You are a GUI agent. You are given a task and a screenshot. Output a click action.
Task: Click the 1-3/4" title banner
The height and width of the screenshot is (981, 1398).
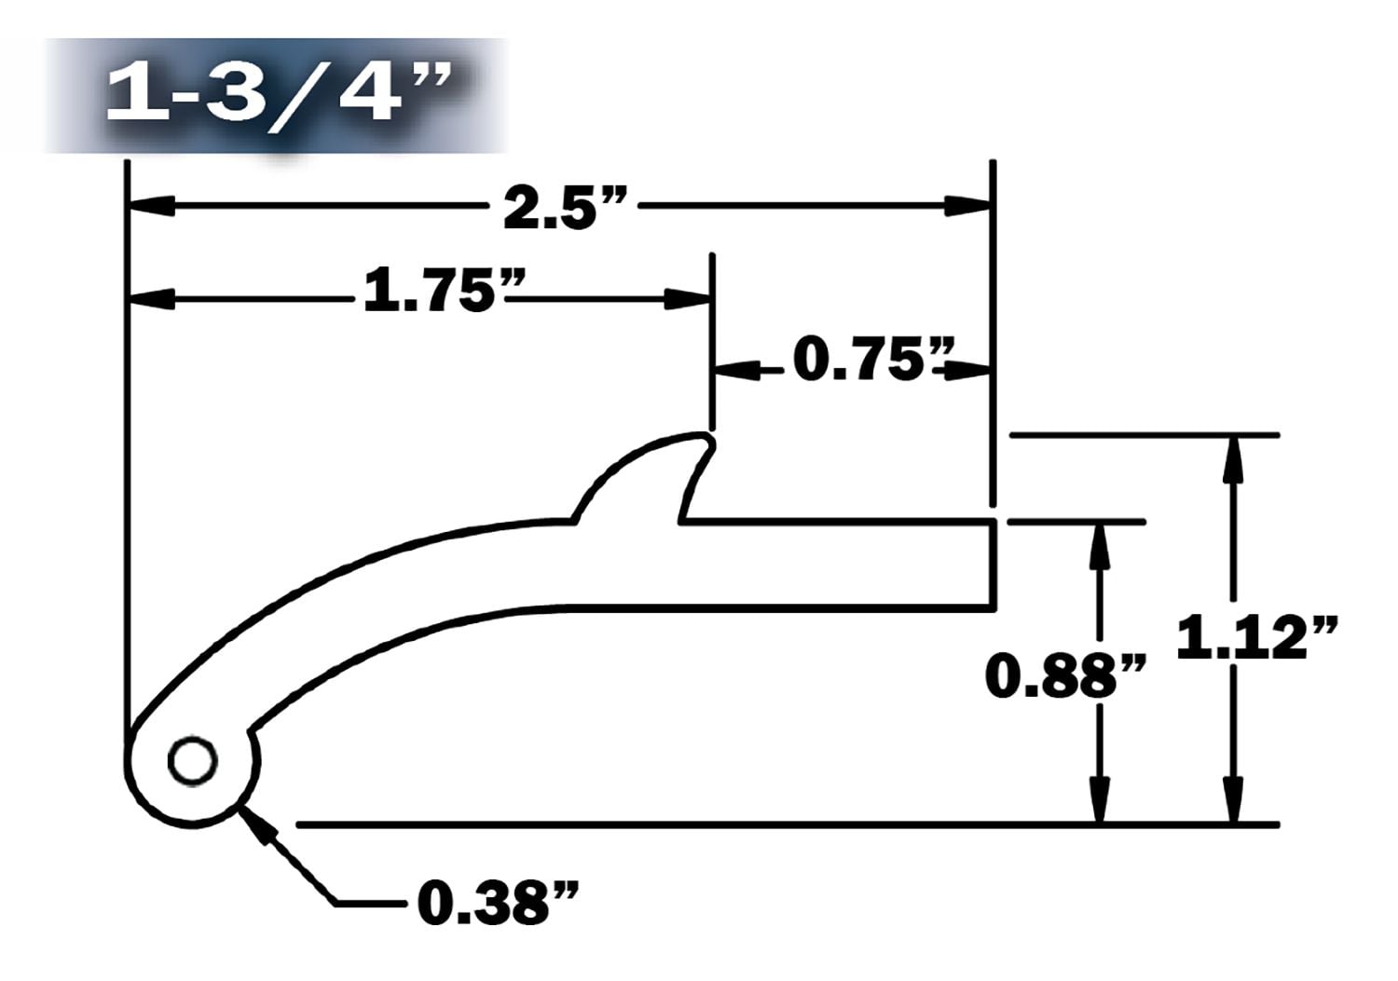point(276,95)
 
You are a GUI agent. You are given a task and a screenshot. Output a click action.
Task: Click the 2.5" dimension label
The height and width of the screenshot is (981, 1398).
point(563,208)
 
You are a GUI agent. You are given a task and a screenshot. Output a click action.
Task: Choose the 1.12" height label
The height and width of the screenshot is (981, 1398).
point(1258,638)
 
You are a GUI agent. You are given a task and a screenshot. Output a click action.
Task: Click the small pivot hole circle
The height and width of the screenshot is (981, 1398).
point(192,761)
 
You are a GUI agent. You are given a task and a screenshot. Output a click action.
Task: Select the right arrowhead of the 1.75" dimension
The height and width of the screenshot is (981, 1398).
point(688,299)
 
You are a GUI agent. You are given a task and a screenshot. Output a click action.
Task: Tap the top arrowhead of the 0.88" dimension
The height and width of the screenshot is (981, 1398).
point(1101,545)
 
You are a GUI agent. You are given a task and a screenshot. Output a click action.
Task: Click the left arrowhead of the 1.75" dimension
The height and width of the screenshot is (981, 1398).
point(151,299)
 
